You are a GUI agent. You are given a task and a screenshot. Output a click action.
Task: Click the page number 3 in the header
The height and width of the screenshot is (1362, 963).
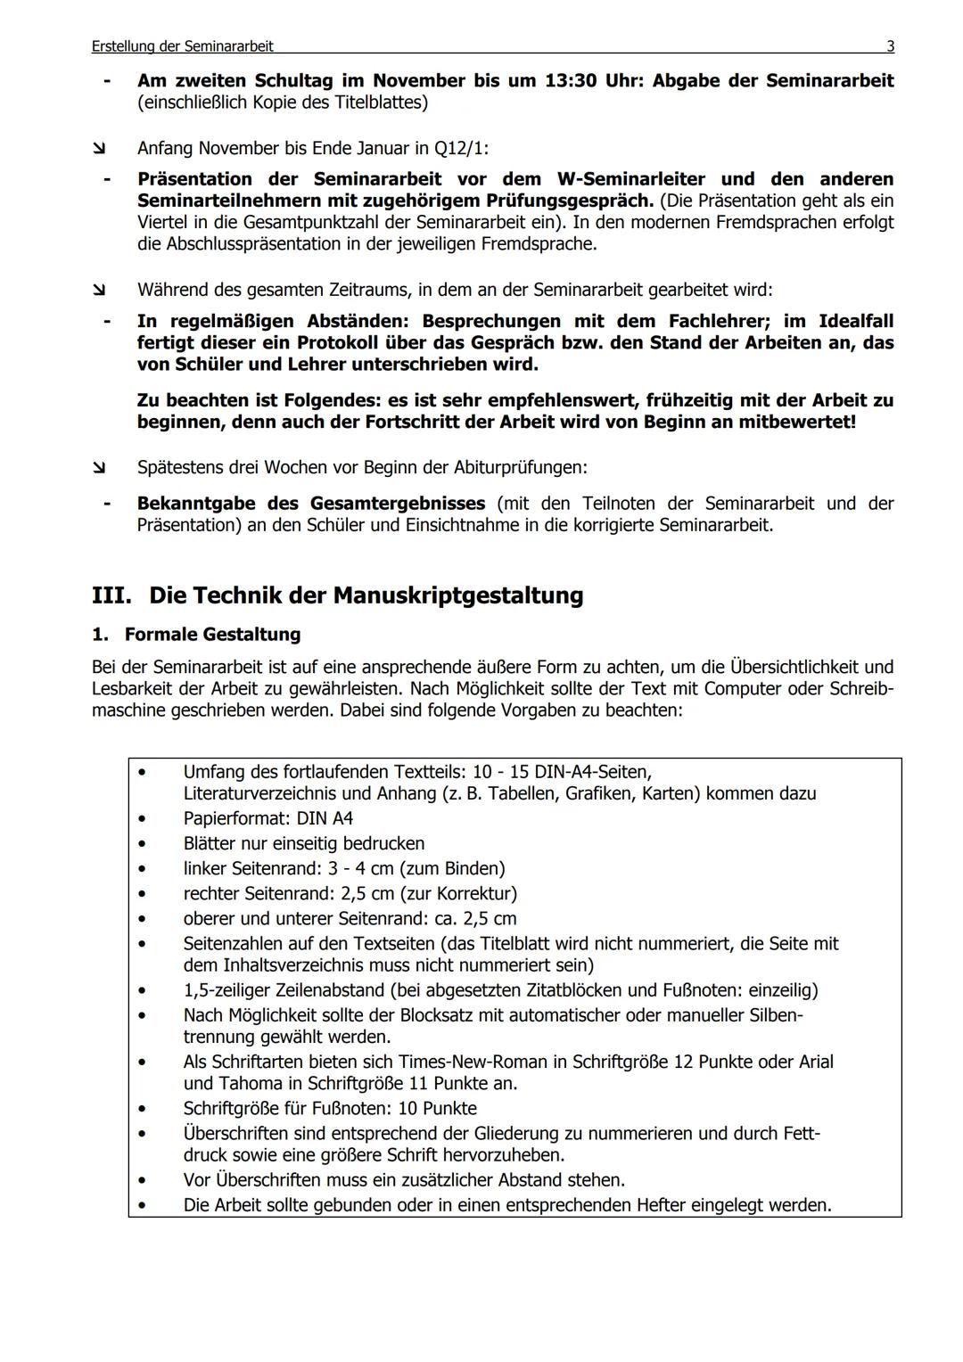tap(890, 46)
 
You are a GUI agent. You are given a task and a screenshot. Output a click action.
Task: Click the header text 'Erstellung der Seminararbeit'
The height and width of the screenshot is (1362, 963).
tap(182, 46)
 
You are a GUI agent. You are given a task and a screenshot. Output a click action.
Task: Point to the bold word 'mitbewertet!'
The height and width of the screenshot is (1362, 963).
tap(796, 422)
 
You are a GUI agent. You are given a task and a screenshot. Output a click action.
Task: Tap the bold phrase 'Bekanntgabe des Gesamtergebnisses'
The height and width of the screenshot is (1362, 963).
tap(311, 504)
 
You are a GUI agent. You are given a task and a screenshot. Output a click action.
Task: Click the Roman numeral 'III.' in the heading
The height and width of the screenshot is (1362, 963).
tap(112, 595)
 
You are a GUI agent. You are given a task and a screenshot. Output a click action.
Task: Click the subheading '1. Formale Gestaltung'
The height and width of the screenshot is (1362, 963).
tap(196, 635)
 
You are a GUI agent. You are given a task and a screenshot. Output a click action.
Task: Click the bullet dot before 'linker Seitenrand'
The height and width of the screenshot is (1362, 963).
tap(142, 868)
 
